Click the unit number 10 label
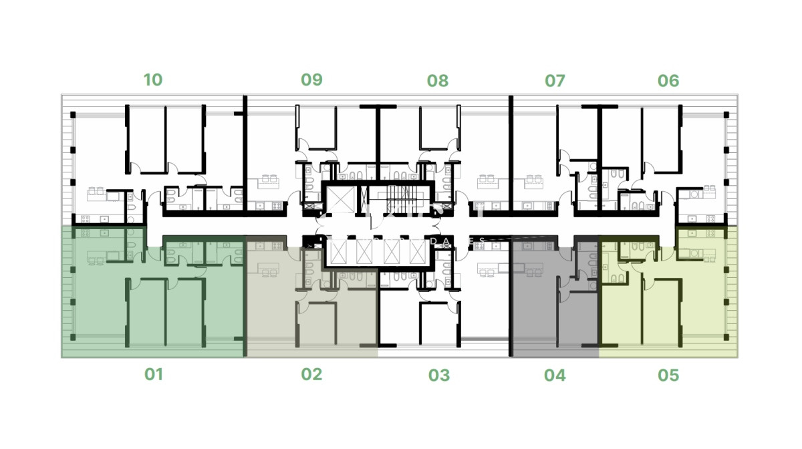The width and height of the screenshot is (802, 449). (x=153, y=80)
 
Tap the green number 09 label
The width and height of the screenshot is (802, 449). (x=311, y=80)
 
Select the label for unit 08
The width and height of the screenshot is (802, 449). (x=438, y=81)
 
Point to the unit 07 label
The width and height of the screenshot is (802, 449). (x=555, y=81)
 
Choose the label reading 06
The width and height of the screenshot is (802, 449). (x=668, y=81)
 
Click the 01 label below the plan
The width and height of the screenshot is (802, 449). (x=154, y=374)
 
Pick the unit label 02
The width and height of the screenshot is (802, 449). (x=311, y=374)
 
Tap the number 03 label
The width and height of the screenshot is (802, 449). (x=439, y=376)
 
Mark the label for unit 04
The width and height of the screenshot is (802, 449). (x=555, y=376)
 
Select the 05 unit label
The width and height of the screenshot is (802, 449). (x=668, y=376)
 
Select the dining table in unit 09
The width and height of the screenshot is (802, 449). (x=269, y=179)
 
